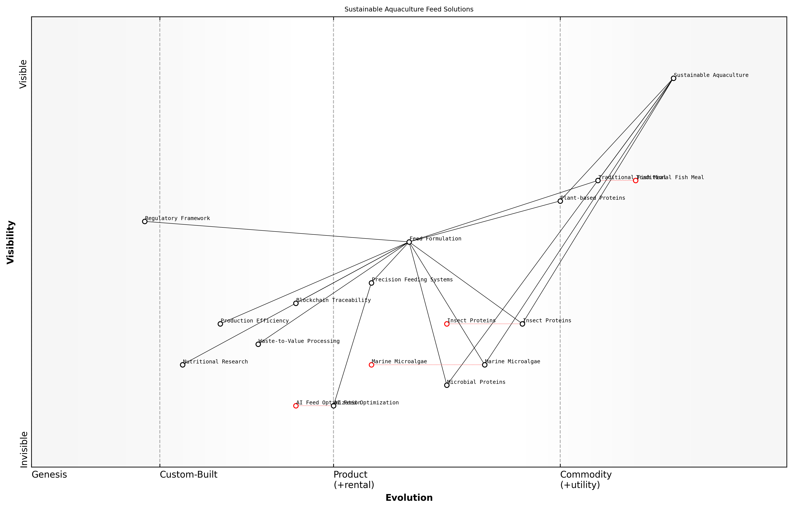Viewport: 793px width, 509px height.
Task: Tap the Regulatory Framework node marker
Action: coord(145,221)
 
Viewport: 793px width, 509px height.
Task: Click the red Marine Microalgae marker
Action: coord(371,365)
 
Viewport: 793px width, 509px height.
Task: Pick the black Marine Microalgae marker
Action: coord(485,365)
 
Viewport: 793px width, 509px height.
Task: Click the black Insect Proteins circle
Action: coord(522,324)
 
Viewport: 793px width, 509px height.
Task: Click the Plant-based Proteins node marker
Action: coord(560,201)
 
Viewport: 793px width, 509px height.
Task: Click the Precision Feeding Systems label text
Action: coord(412,280)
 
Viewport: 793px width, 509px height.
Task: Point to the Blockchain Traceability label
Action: coord(333,300)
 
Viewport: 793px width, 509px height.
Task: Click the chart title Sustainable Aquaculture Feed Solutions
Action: coord(409,9)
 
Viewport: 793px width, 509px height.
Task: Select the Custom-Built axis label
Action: coord(188,475)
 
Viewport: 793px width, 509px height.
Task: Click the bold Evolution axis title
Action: coord(409,498)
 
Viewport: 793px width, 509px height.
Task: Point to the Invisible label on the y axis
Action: coord(24,449)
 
